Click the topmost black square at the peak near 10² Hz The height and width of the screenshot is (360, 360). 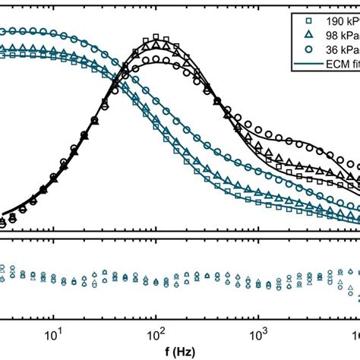(156, 37)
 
